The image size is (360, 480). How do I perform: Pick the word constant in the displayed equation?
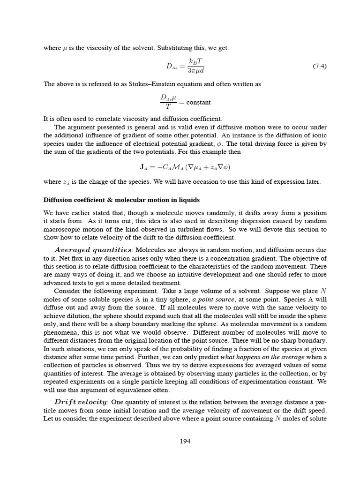[198, 102]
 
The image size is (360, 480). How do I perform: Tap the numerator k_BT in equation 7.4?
[196, 61]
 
